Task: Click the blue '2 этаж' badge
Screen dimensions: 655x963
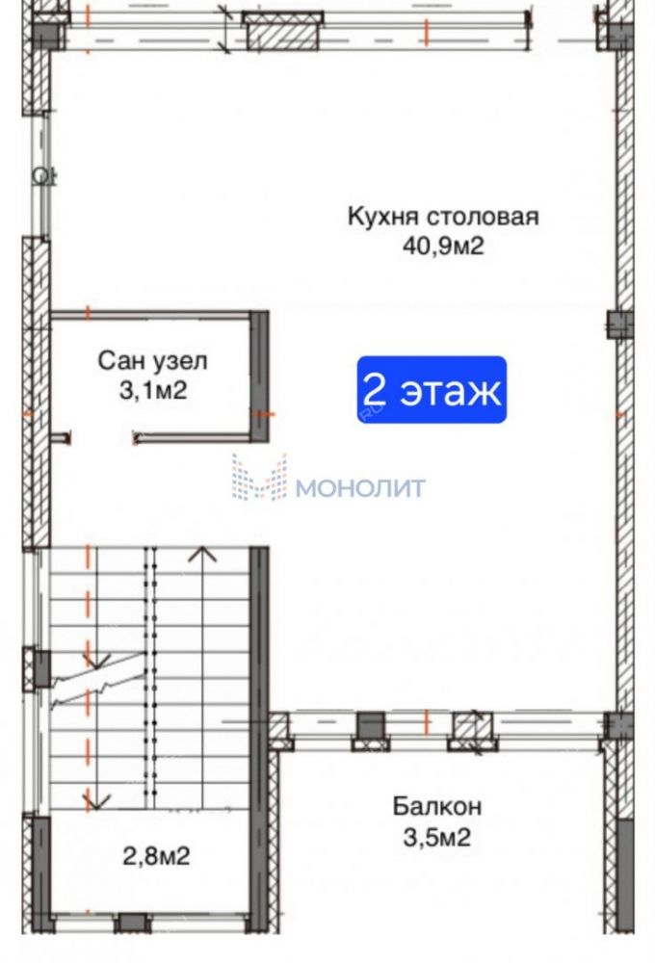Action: click(432, 389)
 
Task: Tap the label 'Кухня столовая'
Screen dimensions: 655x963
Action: click(443, 217)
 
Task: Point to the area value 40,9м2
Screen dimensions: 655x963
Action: click(443, 247)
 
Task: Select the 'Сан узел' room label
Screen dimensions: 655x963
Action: click(152, 361)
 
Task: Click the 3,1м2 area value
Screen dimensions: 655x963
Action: click(152, 390)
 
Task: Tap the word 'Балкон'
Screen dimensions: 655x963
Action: click(437, 806)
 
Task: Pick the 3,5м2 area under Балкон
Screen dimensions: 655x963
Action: click(437, 837)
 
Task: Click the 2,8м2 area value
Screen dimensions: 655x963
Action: click(156, 855)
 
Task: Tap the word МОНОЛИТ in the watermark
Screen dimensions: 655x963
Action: click(360, 489)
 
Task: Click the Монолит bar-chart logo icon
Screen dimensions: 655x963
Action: click(259, 477)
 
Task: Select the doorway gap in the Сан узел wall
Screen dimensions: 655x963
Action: click(102, 438)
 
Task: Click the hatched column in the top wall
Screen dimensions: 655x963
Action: click(282, 32)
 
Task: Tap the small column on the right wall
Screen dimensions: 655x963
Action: click(620, 325)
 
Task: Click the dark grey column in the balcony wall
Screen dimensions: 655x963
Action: click(371, 731)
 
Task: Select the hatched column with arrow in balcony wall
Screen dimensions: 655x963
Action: click(473, 731)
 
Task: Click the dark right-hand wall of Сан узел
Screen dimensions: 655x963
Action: click(259, 377)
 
